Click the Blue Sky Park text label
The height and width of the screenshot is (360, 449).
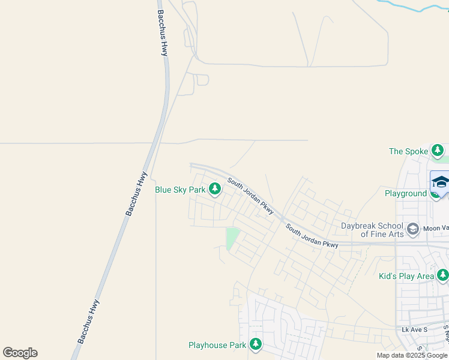point(180,190)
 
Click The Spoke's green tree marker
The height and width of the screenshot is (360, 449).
point(439,150)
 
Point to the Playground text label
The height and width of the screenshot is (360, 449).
point(405,193)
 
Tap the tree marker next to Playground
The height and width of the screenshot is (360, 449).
point(436,193)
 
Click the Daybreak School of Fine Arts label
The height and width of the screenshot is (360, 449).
point(372,230)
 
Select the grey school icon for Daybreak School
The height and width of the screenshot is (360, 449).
point(412,229)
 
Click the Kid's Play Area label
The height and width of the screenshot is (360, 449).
point(406,276)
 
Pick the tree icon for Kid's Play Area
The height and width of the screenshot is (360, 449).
point(442,275)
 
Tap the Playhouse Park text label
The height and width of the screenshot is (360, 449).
point(217,345)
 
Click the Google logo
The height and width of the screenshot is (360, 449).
point(20,353)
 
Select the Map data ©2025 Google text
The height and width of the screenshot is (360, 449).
point(412,355)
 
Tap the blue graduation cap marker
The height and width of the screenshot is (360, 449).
point(440,181)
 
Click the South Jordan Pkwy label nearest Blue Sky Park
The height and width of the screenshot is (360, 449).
point(250,196)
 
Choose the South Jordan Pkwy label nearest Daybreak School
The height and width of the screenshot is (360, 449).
point(312,236)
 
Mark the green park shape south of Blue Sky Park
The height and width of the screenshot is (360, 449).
point(232,238)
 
